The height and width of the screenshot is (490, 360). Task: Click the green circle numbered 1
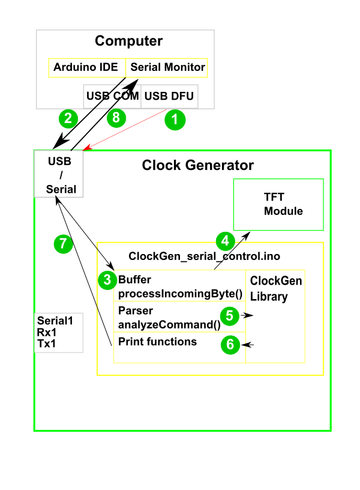pyautogui.click(x=175, y=119)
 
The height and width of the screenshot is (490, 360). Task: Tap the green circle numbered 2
pyautogui.click(x=68, y=118)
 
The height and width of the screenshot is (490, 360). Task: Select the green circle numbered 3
pyautogui.click(x=107, y=279)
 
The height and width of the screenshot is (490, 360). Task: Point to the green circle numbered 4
pyautogui.click(x=225, y=241)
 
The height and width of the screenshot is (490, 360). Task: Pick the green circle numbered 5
pyautogui.click(x=230, y=314)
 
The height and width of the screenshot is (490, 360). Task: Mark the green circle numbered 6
pyautogui.click(x=230, y=344)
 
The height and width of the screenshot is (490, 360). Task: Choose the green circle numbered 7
pyautogui.click(x=63, y=243)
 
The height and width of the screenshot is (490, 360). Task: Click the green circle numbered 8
pyautogui.click(x=116, y=118)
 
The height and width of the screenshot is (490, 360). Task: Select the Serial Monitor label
pyautogui.click(x=167, y=67)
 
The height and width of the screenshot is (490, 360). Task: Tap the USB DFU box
pyautogui.click(x=169, y=96)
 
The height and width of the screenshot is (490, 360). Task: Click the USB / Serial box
pyautogui.click(x=59, y=175)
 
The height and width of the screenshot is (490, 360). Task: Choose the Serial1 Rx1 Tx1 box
pyautogui.click(x=58, y=332)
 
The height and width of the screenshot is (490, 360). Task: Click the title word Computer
pyautogui.click(x=128, y=41)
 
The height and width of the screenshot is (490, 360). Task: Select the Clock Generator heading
pyautogui.click(x=197, y=165)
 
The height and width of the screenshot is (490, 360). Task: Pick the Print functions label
pyautogui.click(x=157, y=342)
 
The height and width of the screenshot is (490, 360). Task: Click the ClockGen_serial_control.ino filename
pyautogui.click(x=204, y=256)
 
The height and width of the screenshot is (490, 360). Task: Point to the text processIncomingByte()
pyautogui.click(x=179, y=293)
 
